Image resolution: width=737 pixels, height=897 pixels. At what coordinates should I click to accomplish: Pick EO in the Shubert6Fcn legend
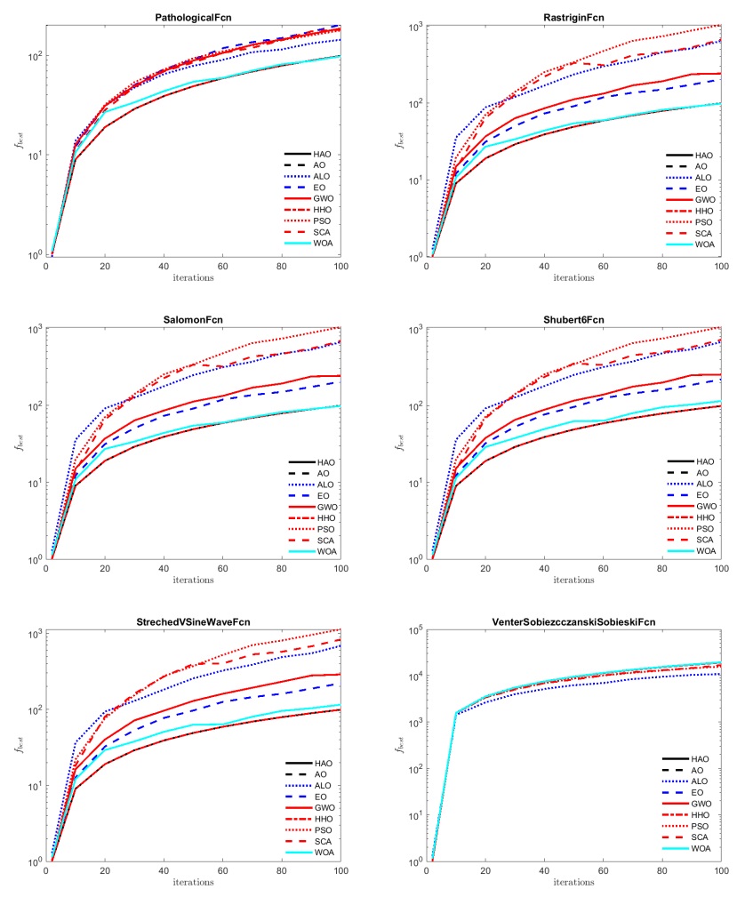(x=704, y=496)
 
